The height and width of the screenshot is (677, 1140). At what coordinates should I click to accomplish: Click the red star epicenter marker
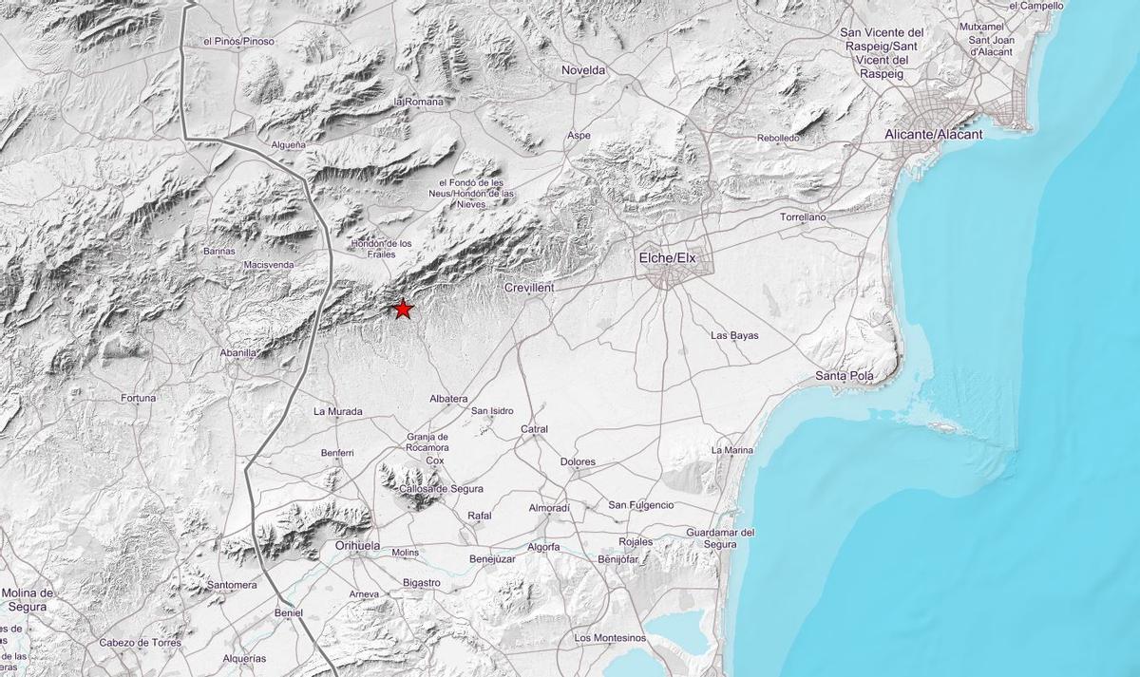point(403,309)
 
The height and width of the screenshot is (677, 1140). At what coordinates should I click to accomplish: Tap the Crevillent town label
point(529,287)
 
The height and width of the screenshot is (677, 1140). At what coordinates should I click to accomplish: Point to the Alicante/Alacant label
point(933,134)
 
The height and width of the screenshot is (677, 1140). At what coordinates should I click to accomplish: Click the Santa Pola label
point(844,376)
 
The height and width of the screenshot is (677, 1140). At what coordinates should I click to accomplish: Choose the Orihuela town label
point(357,546)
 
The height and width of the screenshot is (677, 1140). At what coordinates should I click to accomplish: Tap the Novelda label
point(583,70)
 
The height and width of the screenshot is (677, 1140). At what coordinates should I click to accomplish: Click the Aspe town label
point(579,136)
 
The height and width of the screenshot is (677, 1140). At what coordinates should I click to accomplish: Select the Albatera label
point(448,399)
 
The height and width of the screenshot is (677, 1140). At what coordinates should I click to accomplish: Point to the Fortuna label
point(138,398)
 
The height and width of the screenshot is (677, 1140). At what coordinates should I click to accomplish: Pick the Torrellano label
point(803,217)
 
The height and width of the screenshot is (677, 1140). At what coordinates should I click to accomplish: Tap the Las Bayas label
point(734,335)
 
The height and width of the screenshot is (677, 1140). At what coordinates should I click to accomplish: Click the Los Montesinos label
point(610,637)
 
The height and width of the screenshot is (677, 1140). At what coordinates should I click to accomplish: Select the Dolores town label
point(578,462)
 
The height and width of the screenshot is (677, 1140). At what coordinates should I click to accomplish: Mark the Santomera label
point(232,585)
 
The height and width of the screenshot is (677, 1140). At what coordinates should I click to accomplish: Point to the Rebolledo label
point(778,138)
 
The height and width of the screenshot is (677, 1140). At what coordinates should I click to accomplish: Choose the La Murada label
point(338,411)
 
